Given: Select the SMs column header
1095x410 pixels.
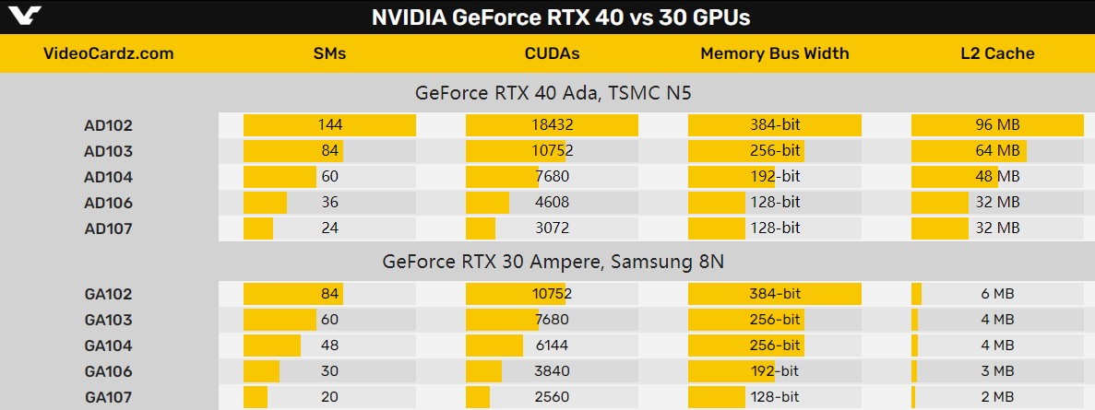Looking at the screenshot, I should (x=329, y=53).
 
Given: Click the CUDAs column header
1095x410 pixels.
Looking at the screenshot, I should (x=552, y=53).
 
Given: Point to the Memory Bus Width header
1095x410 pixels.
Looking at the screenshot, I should (x=774, y=53).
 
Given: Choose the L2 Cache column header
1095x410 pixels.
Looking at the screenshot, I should (x=997, y=53).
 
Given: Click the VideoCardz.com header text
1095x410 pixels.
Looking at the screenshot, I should (x=109, y=53).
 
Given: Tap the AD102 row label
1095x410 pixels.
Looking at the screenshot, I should (x=109, y=125).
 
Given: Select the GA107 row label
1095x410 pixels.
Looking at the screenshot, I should (x=109, y=397).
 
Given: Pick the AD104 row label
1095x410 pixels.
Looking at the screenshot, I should (x=109, y=177).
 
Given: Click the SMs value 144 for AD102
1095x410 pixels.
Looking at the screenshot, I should (x=329, y=125).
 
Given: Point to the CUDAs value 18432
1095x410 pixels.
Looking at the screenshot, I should (x=553, y=125).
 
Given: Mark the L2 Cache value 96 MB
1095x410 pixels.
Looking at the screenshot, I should (x=997, y=125).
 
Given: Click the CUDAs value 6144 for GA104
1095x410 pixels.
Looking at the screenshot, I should (x=553, y=346).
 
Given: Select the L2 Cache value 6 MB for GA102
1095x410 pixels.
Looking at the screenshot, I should (x=997, y=294).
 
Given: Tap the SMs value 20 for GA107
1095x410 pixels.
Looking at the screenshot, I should (x=329, y=397).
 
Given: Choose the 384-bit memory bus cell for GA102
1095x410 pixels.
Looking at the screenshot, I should (x=775, y=294).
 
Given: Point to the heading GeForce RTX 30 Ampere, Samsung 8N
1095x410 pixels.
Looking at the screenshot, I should (x=553, y=262).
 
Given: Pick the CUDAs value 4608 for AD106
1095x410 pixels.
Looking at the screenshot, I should (x=553, y=203).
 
